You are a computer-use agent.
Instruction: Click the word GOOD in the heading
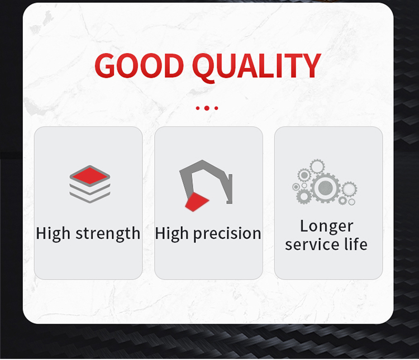[139, 67]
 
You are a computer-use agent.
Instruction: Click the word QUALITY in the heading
[256, 67]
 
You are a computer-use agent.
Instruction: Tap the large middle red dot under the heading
[207, 108]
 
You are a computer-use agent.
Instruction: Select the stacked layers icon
[89, 184]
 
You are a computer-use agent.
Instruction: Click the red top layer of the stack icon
[89, 176]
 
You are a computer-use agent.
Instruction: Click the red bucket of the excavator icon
[196, 202]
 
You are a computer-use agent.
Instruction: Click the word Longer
[326, 226]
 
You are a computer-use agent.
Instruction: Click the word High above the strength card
[54, 233]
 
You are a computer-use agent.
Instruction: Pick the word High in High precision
[173, 233]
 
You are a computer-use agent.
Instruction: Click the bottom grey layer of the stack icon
[89, 196]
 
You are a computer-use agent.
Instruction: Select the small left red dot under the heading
[197, 108]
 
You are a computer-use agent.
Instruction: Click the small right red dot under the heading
[216, 108]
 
